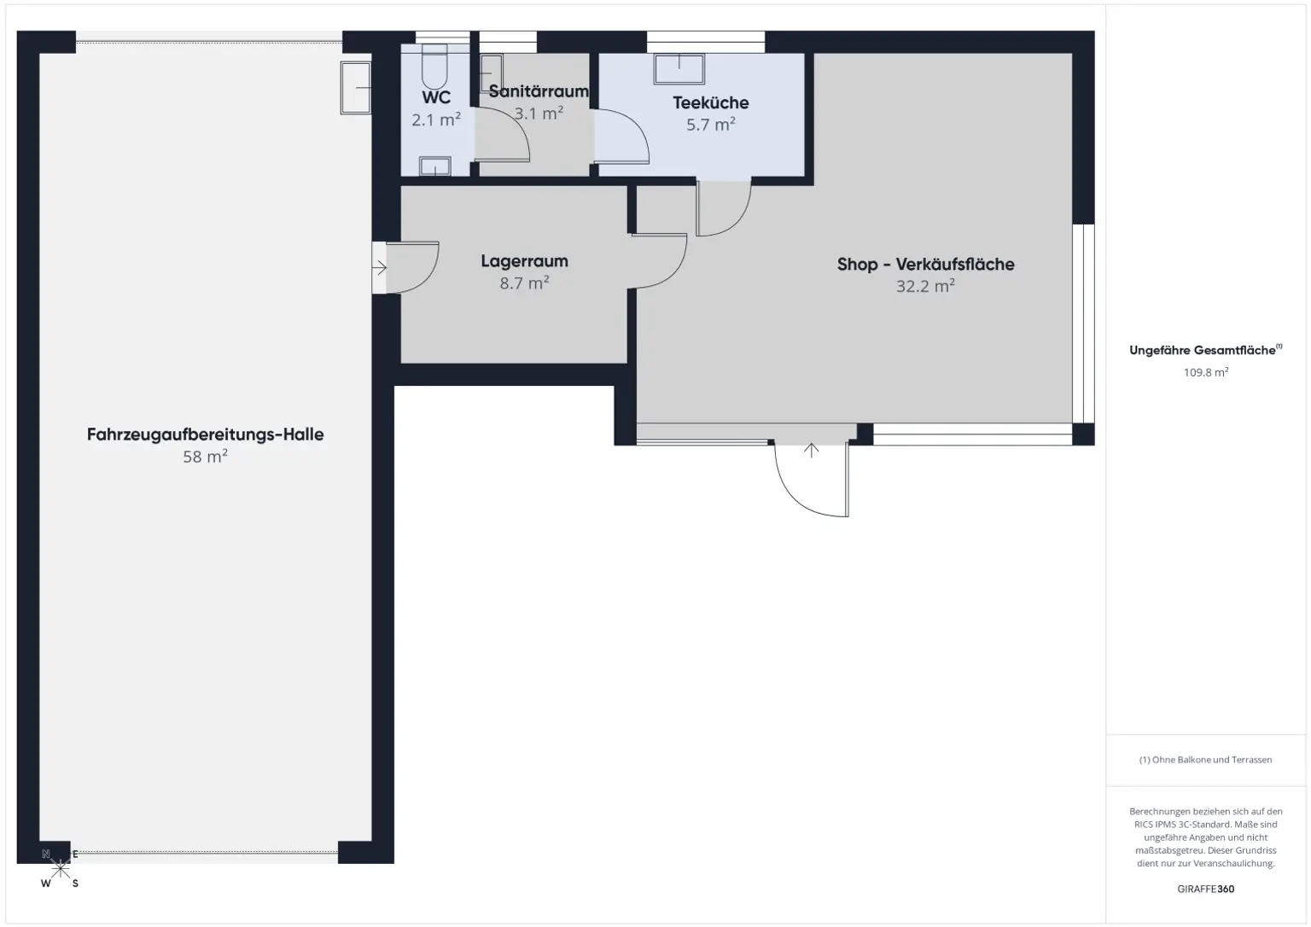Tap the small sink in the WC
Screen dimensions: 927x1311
434,166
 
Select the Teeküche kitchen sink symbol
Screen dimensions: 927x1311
679,69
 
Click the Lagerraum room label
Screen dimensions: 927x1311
524,261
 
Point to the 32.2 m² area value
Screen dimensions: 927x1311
925,287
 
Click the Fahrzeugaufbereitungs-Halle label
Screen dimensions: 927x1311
206,434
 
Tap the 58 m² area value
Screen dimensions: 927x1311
206,457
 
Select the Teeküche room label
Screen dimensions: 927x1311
710,102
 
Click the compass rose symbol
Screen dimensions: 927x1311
61,869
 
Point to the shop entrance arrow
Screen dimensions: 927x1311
811,450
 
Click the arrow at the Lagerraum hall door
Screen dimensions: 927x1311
380,268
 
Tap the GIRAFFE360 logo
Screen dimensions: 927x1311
1205,889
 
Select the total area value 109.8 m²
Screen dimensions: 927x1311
1205,372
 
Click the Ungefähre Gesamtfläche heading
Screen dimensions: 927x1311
1203,350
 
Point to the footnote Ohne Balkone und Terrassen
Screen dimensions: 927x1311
1205,760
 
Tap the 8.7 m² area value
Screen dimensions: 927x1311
524,283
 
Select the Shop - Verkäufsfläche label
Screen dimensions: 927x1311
925,265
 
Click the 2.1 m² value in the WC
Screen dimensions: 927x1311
436,120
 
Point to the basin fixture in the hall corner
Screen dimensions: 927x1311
356,87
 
